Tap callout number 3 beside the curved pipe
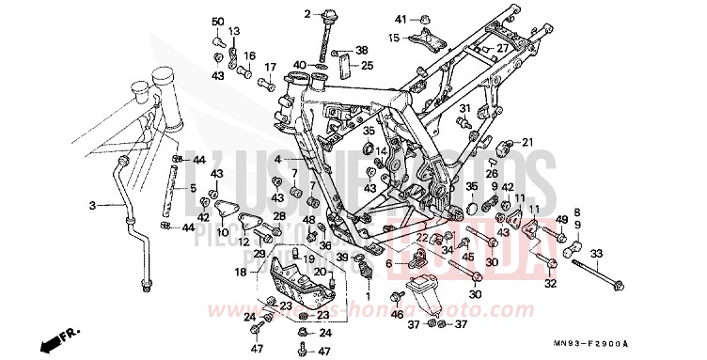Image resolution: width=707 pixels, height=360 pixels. pyautogui.click(x=92, y=205)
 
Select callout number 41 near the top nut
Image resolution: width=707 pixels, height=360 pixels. pyautogui.click(x=400, y=20)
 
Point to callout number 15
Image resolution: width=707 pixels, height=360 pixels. pyautogui.click(x=395, y=38)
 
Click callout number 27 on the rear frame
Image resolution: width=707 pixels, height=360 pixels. pyautogui.click(x=502, y=49)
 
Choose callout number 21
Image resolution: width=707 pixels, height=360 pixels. pyautogui.click(x=527, y=142)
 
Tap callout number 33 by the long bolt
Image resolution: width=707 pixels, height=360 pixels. pyautogui.click(x=595, y=254)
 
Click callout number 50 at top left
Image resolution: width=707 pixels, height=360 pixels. pyautogui.click(x=217, y=22)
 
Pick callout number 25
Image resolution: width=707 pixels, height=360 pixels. pyautogui.click(x=368, y=66)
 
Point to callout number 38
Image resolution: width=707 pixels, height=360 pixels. pyautogui.click(x=361, y=50)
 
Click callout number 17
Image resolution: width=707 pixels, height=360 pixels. pyautogui.click(x=270, y=67)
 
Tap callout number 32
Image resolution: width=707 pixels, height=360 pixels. pyautogui.click(x=550, y=284)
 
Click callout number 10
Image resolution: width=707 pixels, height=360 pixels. pyautogui.click(x=223, y=232)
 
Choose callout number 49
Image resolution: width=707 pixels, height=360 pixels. pyautogui.click(x=561, y=219)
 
